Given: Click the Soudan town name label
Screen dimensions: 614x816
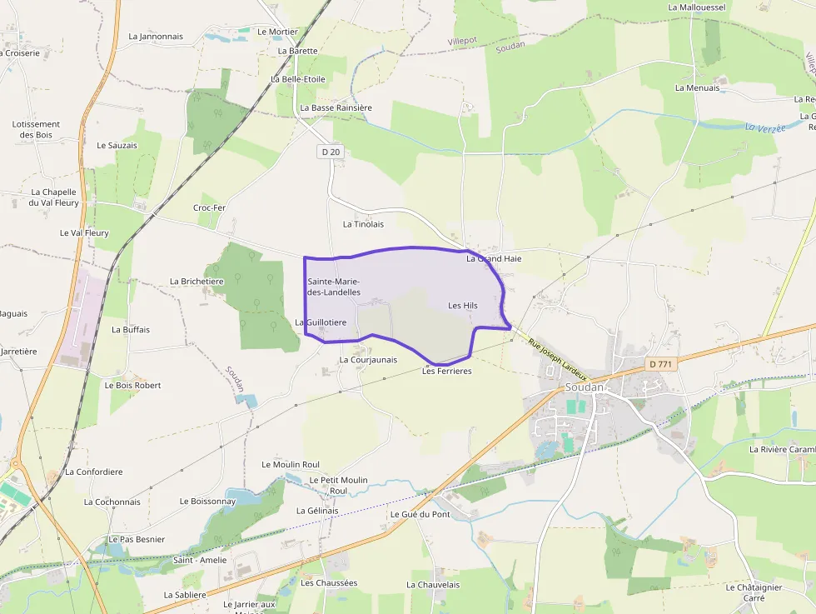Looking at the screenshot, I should click(x=584, y=387).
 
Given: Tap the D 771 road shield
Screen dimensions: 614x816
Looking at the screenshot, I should click(x=662, y=364).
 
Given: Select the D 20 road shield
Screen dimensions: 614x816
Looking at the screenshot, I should click(x=331, y=152).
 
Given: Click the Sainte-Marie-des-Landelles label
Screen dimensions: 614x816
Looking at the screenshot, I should click(x=334, y=287).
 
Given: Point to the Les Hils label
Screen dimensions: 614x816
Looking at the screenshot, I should click(x=463, y=306).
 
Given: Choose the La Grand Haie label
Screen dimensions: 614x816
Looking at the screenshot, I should click(x=494, y=258).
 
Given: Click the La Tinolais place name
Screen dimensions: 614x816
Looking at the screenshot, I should click(x=363, y=224).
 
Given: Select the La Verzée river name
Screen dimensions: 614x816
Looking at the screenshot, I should click(x=765, y=127).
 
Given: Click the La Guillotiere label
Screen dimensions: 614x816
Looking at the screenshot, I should click(x=321, y=322).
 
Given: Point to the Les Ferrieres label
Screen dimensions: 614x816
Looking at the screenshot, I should click(x=446, y=371).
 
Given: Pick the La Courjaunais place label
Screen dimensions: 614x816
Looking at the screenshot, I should click(x=368, y=360).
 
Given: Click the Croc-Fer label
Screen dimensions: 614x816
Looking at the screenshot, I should click(x=209, y=207).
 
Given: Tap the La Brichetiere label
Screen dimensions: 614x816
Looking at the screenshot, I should click(x=197, y=282).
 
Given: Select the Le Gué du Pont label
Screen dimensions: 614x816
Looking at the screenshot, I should click(x=420, y=514).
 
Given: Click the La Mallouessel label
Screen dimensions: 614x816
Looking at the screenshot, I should click(x=698, y=7).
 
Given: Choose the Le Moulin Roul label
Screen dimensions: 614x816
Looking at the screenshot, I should click(x=291, y=464).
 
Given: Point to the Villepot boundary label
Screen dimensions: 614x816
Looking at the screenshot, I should click(x=462, y=40).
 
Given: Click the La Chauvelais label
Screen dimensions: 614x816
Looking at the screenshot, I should click(x=433, y=585).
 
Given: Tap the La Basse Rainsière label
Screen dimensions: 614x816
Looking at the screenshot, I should click(x=336, y=107).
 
